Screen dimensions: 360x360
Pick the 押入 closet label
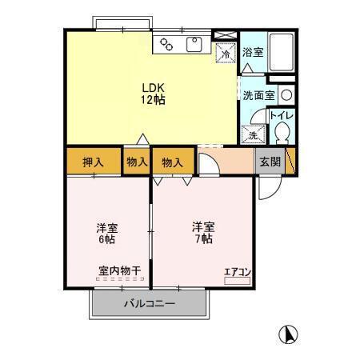(x=94, y=162)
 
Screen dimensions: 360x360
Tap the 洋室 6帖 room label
(x=106, y=233)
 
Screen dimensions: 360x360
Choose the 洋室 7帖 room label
(x=202, y=232)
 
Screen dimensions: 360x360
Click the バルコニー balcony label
(x=149, y=303)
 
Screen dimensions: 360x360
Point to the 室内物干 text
(x=119, y=271)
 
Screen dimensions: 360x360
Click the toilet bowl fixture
(x=281, y=134)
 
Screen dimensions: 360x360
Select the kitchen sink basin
(x=194, y=45)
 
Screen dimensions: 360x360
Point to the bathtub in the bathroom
(x=281, y=52)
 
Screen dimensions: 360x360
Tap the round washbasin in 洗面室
(x=286, y=94)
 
